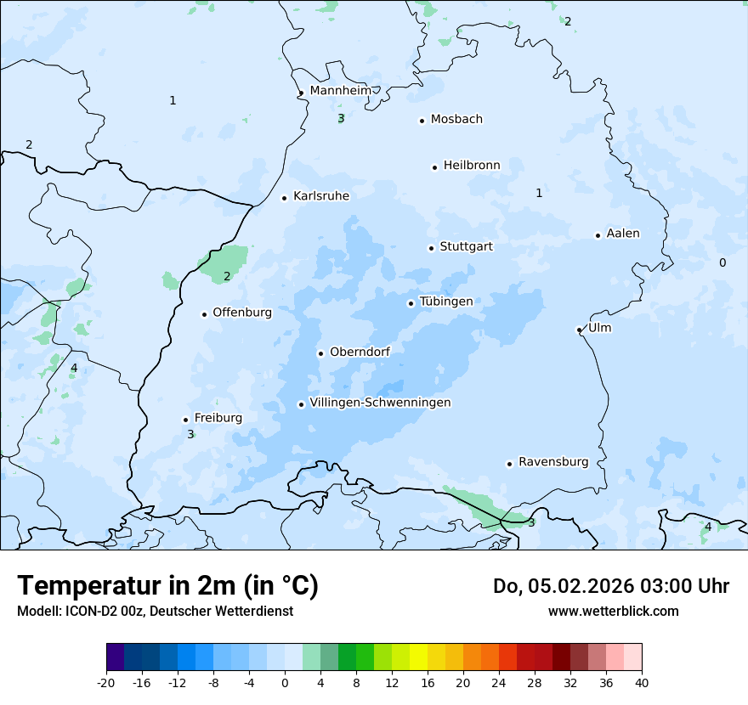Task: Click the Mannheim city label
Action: coord(340,91)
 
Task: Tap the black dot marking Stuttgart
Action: coord(431,248)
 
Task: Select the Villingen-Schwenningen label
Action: coord(380,403)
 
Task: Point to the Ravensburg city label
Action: coord(553,462)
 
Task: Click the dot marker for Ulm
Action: coord(579,330)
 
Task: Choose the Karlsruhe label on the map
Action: coord(320,196)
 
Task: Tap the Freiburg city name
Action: coord(218,418)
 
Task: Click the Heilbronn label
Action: coord(472,166)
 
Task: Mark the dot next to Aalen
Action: coord(598,235)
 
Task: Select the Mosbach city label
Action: coord(456,120)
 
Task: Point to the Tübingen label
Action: coord(446,302)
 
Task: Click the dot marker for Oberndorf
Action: coord(320,353)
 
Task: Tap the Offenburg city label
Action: coord(242,313)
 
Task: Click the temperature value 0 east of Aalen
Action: coord(722,262)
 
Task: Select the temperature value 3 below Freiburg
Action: coord(190,434)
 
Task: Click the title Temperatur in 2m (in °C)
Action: coord(167,586)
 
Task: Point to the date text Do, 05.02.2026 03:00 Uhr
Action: coord(610,586)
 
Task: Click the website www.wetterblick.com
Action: coord(613,611)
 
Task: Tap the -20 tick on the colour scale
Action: coord(106,682)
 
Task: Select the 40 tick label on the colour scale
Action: coord(642,682)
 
